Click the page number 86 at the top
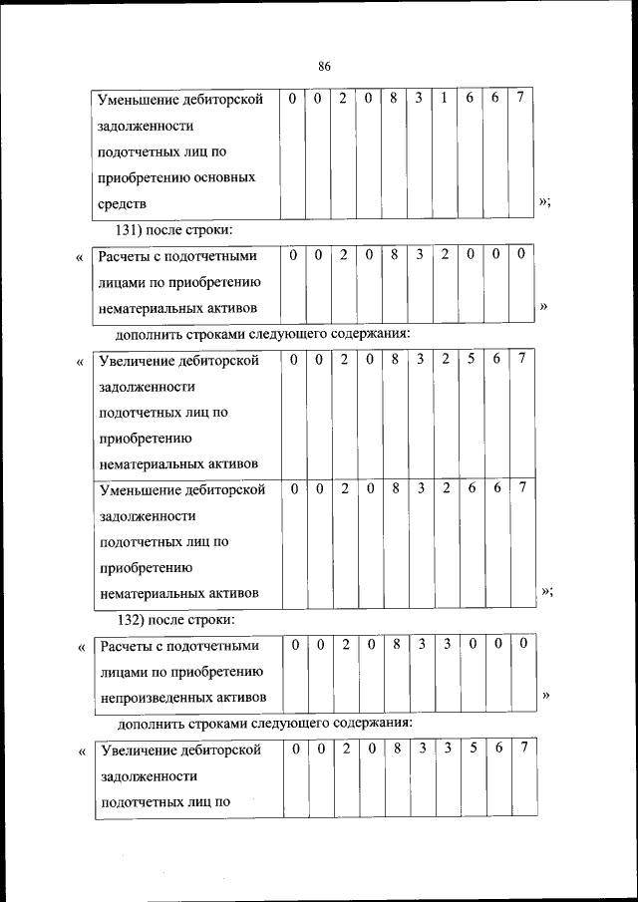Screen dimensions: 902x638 click(324, 66)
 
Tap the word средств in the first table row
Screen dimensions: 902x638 click(123, 203)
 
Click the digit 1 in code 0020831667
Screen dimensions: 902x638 click(444, 99)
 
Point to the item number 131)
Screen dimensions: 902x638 click(137, 230)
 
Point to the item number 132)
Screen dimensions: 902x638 click(137, 620)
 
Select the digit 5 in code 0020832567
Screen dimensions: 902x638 click(471, 360)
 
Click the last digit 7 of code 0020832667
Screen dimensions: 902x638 click(521, 489)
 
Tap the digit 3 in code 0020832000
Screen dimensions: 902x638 click(421, 255)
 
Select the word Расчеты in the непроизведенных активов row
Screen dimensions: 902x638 click(126, 646)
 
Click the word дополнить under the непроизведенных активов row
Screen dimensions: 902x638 click(151, 723)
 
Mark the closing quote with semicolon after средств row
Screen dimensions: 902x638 click(545, 203)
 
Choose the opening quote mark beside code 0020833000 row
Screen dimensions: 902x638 click(80, 647)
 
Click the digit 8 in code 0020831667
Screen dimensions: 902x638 click(394, 99)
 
